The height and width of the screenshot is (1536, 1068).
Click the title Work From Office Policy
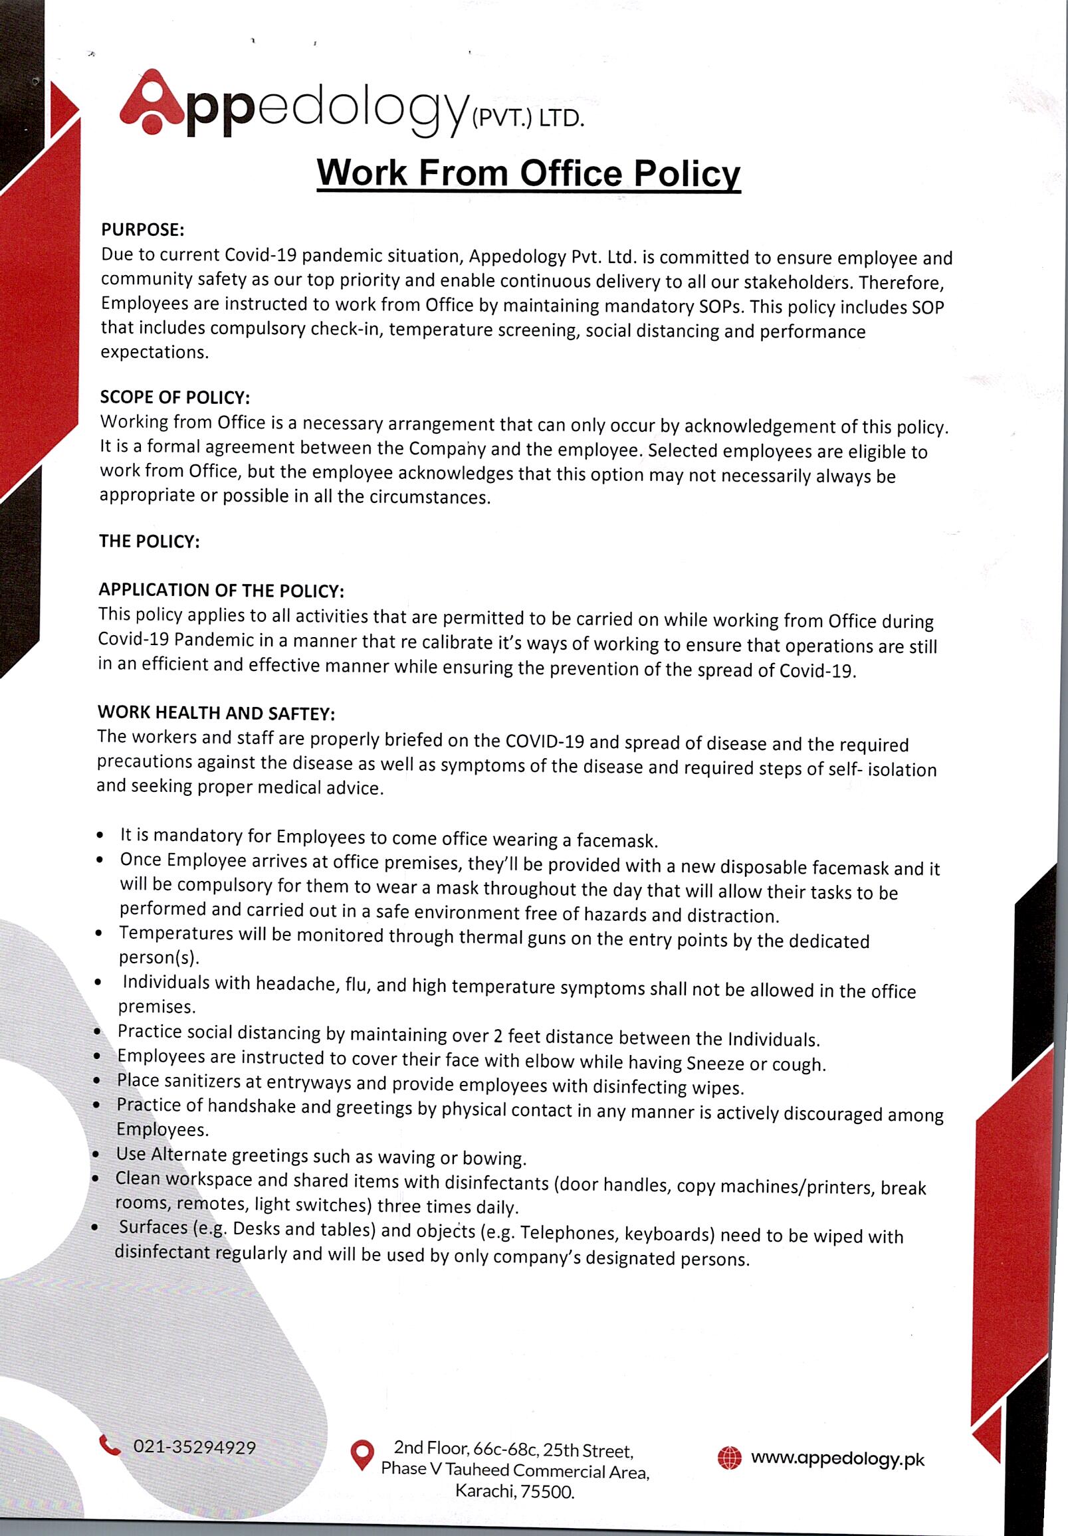coord(528,173)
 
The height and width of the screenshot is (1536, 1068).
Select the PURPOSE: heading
coord(142,230)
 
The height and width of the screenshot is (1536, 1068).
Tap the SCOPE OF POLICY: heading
coord(175,397)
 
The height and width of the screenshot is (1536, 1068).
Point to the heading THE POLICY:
coord(150,541)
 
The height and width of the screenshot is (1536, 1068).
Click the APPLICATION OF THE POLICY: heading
coord(221,590)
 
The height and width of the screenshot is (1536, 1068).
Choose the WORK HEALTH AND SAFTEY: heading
coord(215,712)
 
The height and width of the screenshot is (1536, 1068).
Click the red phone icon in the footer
coord(110,1445)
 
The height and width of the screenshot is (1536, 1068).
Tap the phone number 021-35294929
coord(195,1447)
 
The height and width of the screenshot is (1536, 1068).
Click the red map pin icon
coord(362,1454)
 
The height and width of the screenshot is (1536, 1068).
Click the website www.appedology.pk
coord(837,1458)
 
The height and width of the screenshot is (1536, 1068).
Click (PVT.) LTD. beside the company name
coord(528,119)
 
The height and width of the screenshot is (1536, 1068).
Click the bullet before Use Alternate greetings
coord(98,1155)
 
